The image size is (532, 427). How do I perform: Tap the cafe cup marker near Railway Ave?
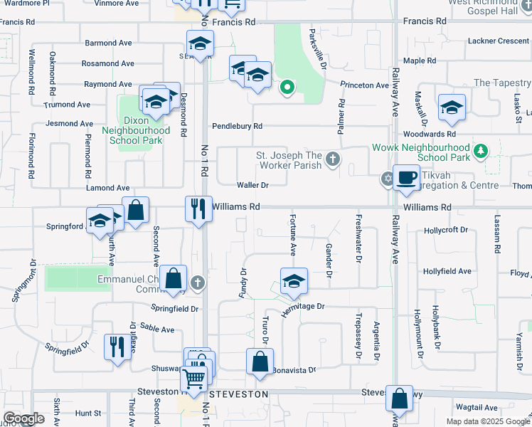click(406, 177)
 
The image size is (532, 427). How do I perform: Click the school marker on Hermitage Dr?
click(293, 280)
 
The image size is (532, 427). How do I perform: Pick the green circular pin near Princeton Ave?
click(287, 88)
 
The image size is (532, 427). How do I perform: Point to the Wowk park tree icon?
click(482, 151)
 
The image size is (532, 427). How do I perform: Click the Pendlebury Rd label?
click(237, 126)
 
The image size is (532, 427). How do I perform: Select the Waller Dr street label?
click(252, 185)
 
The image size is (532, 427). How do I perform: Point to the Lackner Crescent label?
click(499, 41)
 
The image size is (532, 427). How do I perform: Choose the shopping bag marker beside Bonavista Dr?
click(260, 361)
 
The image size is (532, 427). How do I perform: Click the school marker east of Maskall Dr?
click(452, 107)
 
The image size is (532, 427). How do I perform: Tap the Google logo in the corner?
click(23, 418)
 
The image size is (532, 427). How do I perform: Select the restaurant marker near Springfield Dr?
click(116, 347)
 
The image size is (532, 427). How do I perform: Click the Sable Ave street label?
click(158, 330)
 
